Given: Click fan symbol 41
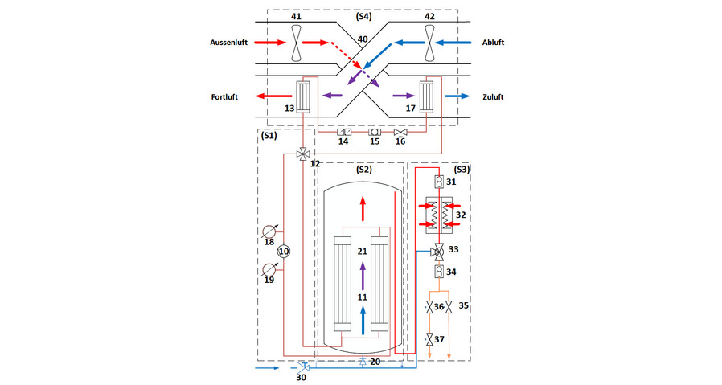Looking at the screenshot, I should (x=297, y=42).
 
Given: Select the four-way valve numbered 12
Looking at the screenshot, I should (x=303, y=153).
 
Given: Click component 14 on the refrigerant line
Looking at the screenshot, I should (x=345, y=132).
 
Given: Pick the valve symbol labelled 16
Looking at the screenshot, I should (x=401, y=132).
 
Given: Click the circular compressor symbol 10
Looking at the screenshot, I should (x=283, y=252).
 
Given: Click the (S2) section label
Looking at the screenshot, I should (x=366, y=170).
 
